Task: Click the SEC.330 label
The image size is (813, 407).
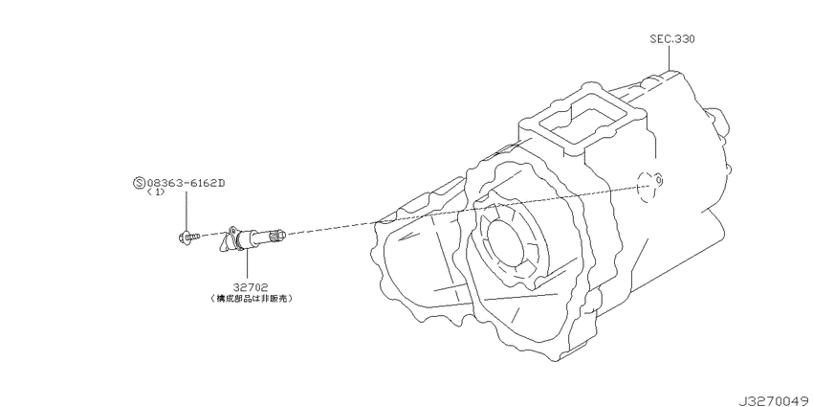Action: pos(672,39)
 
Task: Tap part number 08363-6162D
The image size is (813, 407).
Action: pos(186,183)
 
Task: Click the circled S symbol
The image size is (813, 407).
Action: pos(139,183)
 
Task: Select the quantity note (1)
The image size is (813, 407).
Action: pos(155,192)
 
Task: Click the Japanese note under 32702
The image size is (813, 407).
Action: pos(250,299)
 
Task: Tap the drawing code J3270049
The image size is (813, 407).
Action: pos(774,400)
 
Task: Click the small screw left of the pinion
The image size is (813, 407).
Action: pos(187,237)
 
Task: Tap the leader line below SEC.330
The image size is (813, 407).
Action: pos(669,57)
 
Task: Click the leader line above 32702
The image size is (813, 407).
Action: pos(247,264)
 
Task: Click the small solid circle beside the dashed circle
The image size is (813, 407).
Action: pos(658,180)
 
